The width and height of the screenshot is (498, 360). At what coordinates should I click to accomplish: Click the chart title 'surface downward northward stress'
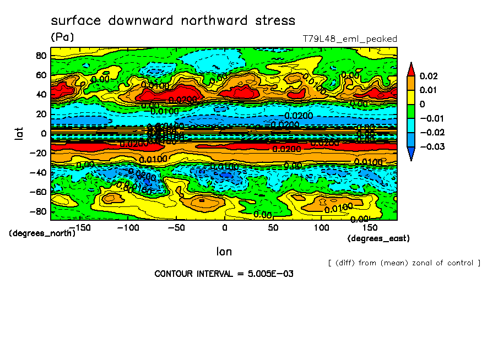[x=173, y=21]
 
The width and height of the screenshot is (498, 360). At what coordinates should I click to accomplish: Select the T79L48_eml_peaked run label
[x=350, y=39]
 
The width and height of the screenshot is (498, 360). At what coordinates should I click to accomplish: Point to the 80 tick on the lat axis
[x=41, y=55]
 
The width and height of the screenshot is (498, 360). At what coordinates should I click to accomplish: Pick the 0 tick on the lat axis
[x=44, y=133]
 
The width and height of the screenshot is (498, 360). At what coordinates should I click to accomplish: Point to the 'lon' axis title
[x=224, y=252]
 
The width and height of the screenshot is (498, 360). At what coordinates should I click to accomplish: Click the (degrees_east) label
[x=378, y=238]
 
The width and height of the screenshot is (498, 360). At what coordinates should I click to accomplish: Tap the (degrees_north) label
[x=42, y=233]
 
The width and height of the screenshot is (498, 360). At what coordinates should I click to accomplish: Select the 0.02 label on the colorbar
[x=429, y=75]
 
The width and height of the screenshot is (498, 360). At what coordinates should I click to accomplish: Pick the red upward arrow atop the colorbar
[x=410, y=68]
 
